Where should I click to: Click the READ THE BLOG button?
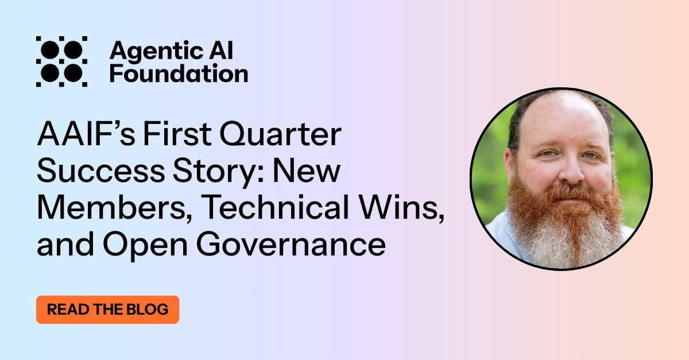pos(107,309)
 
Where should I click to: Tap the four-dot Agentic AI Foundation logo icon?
pos(61,61)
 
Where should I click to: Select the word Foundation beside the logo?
pos(179,74)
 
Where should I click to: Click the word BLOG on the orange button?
pos(148,309)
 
